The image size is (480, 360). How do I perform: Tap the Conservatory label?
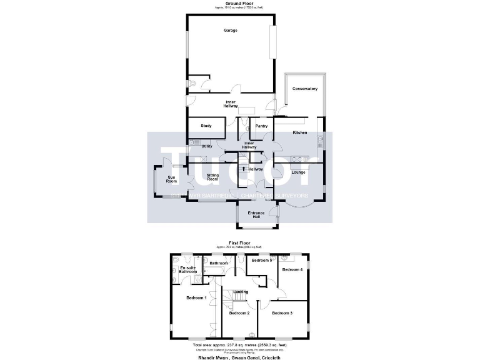pyautogui.click(x=305, y=89)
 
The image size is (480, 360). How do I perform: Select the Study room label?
pyautogui.click(x=206, y=126)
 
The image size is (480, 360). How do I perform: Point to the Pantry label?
pyautogui.click(x=261, y=126)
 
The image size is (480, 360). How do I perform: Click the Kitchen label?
pyautogui.click(x=300, y=132)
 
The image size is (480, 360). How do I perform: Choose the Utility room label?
pyautogui.click(x=207, y=146)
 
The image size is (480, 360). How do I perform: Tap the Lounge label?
pyautogui.click(x=298, y=172)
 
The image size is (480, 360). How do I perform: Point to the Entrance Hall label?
pyautogui.click(x=257, y=215)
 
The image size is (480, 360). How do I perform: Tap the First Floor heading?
pyautogui.click(x=239, y=242)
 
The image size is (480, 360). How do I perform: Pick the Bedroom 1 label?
pyautogui.click(x=197, y=297)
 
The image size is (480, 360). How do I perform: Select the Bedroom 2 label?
pyautogui.click(x=239, y=312)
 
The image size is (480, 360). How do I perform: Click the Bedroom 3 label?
pyautogui.click(x=282, y=312)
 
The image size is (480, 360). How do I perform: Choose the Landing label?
pyautogui.click(x=241, y=292)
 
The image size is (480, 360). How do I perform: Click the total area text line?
pyautogui.click(x=239, y=344)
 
